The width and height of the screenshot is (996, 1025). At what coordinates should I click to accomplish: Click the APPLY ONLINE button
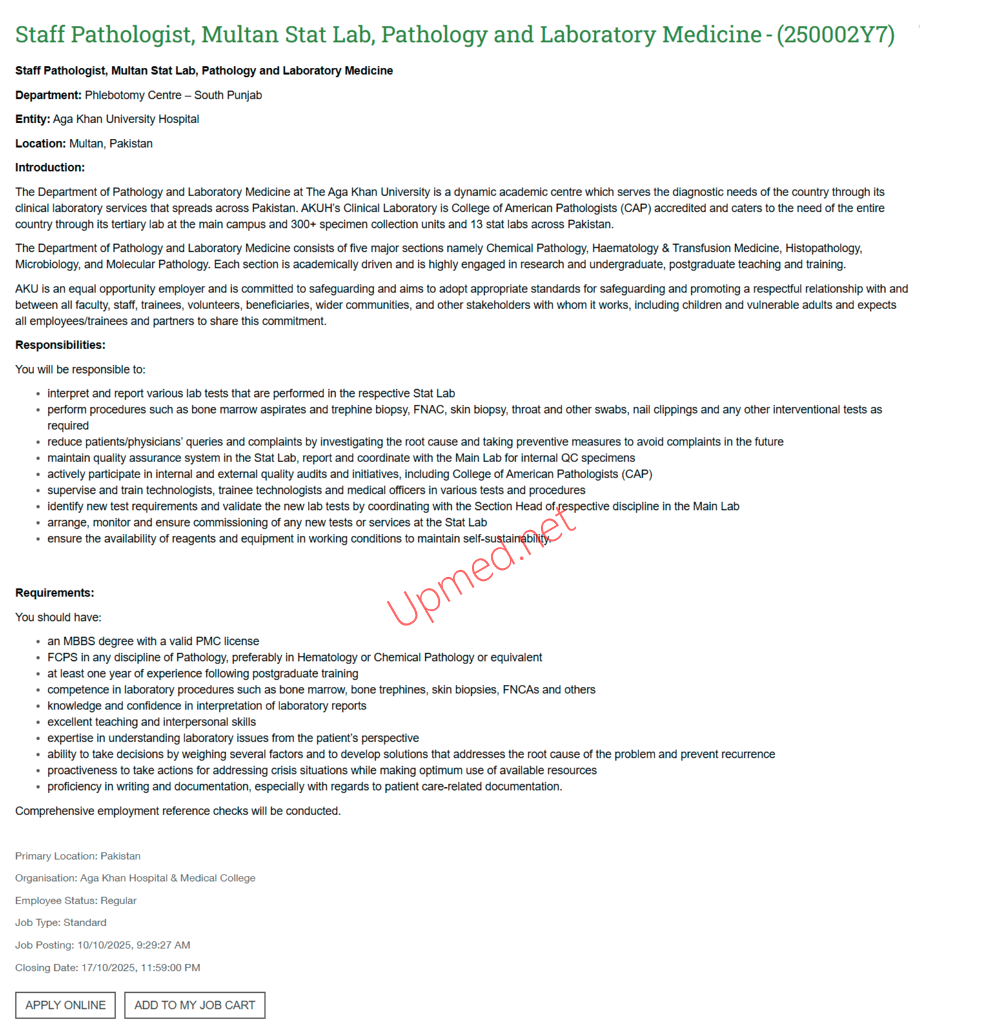65,1005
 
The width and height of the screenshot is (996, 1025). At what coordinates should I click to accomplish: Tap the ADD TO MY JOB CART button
194,1005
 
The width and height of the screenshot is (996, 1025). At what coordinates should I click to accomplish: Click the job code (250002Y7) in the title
835,35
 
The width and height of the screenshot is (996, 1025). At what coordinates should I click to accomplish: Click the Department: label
48,96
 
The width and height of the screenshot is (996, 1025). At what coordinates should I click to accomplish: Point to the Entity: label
32,119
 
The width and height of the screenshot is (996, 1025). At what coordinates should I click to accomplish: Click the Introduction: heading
50,168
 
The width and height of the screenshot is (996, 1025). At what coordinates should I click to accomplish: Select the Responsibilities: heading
60,345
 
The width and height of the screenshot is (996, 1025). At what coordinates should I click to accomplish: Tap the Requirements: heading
54,593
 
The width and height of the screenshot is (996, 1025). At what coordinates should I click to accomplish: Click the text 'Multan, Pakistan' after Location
110,144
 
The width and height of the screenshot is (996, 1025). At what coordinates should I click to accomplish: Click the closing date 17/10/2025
108,968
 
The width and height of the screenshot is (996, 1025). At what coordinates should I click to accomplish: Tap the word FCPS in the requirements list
62,658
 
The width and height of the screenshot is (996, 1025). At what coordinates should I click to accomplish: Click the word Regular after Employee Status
118,900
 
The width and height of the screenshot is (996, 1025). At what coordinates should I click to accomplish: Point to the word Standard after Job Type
85,923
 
